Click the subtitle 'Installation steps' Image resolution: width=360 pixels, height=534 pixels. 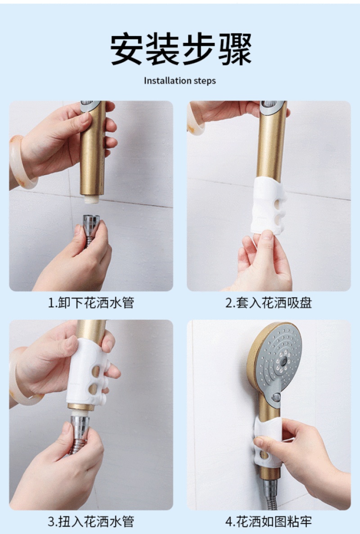point(180,81)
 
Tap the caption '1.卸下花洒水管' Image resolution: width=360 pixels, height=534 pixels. point(91,303)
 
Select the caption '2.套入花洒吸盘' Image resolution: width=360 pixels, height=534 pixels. point(269,303)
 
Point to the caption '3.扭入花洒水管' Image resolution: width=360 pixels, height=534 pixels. point(91,521)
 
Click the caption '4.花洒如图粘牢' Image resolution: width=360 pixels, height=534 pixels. point(269,521)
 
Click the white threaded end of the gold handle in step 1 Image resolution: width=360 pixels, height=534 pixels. point(91,199)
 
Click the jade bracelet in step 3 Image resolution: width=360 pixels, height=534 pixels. point(20,378)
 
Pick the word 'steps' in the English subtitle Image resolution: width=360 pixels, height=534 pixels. point(205,81)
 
